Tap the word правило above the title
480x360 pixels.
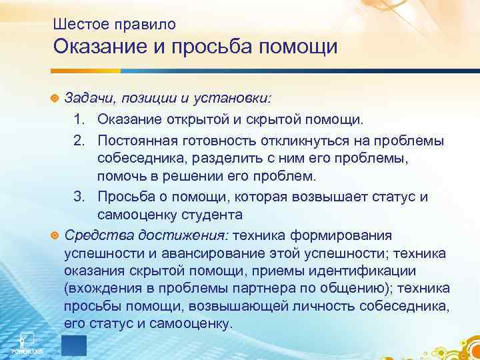[x=142, y=25]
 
